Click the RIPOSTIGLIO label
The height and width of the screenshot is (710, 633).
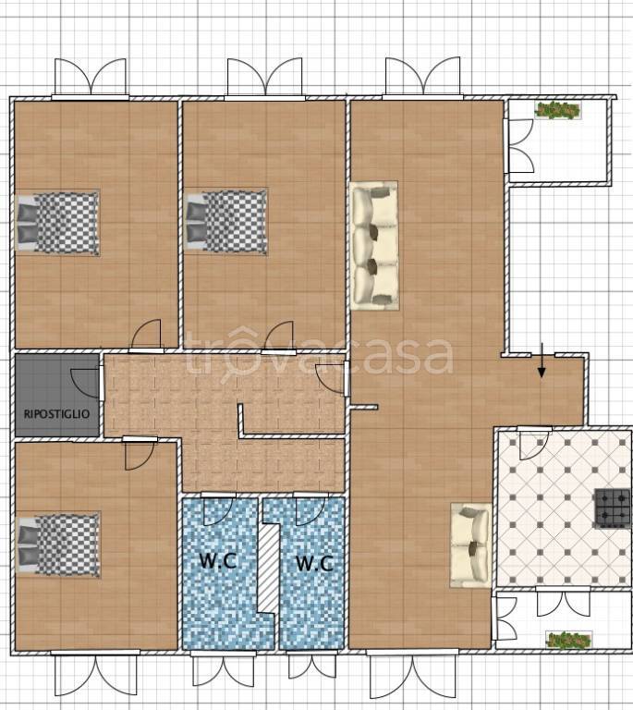(x=56, y=414)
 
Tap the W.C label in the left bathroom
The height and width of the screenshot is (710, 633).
(x=218, y=561)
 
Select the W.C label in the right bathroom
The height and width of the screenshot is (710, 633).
(x=314, y=563)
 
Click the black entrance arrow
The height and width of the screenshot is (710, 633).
(x=542, y=361)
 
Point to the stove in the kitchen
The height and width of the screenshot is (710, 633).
(x=613, y=508)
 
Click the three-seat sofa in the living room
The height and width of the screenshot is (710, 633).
(x=374, y=246)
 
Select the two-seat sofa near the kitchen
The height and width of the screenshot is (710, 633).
(x=470, y=545)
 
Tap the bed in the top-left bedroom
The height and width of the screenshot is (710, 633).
(x=57, y=224)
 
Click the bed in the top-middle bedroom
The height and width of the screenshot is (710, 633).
(x=226, y=222)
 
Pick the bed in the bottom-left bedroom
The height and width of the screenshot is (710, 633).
(x=58, y=545)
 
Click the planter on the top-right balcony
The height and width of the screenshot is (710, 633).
(x=557, y=110)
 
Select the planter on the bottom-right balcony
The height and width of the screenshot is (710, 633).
(x=568, y=640)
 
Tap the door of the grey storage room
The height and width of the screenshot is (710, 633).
(x=85, y=383)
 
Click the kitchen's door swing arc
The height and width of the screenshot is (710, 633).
(x=534, y=444)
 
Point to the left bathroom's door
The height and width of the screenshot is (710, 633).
(x=219, y=510)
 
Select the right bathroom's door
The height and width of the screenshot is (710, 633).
(x=310, y=510)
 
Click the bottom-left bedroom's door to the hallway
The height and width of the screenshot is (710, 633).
(x=140, y=455)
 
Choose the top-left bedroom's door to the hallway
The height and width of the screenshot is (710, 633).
(x=146, y=335)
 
